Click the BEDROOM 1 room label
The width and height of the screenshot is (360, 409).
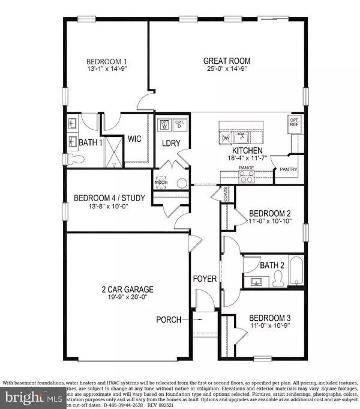106,62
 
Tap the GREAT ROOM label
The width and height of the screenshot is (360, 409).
227,61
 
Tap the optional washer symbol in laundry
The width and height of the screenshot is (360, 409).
164,126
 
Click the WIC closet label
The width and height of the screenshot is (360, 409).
134,139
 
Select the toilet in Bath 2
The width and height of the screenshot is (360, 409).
277,277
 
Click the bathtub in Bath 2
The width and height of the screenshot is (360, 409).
296,271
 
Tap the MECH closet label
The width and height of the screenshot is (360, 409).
162,183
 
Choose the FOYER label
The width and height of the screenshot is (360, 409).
204,279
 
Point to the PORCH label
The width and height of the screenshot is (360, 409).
169,320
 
